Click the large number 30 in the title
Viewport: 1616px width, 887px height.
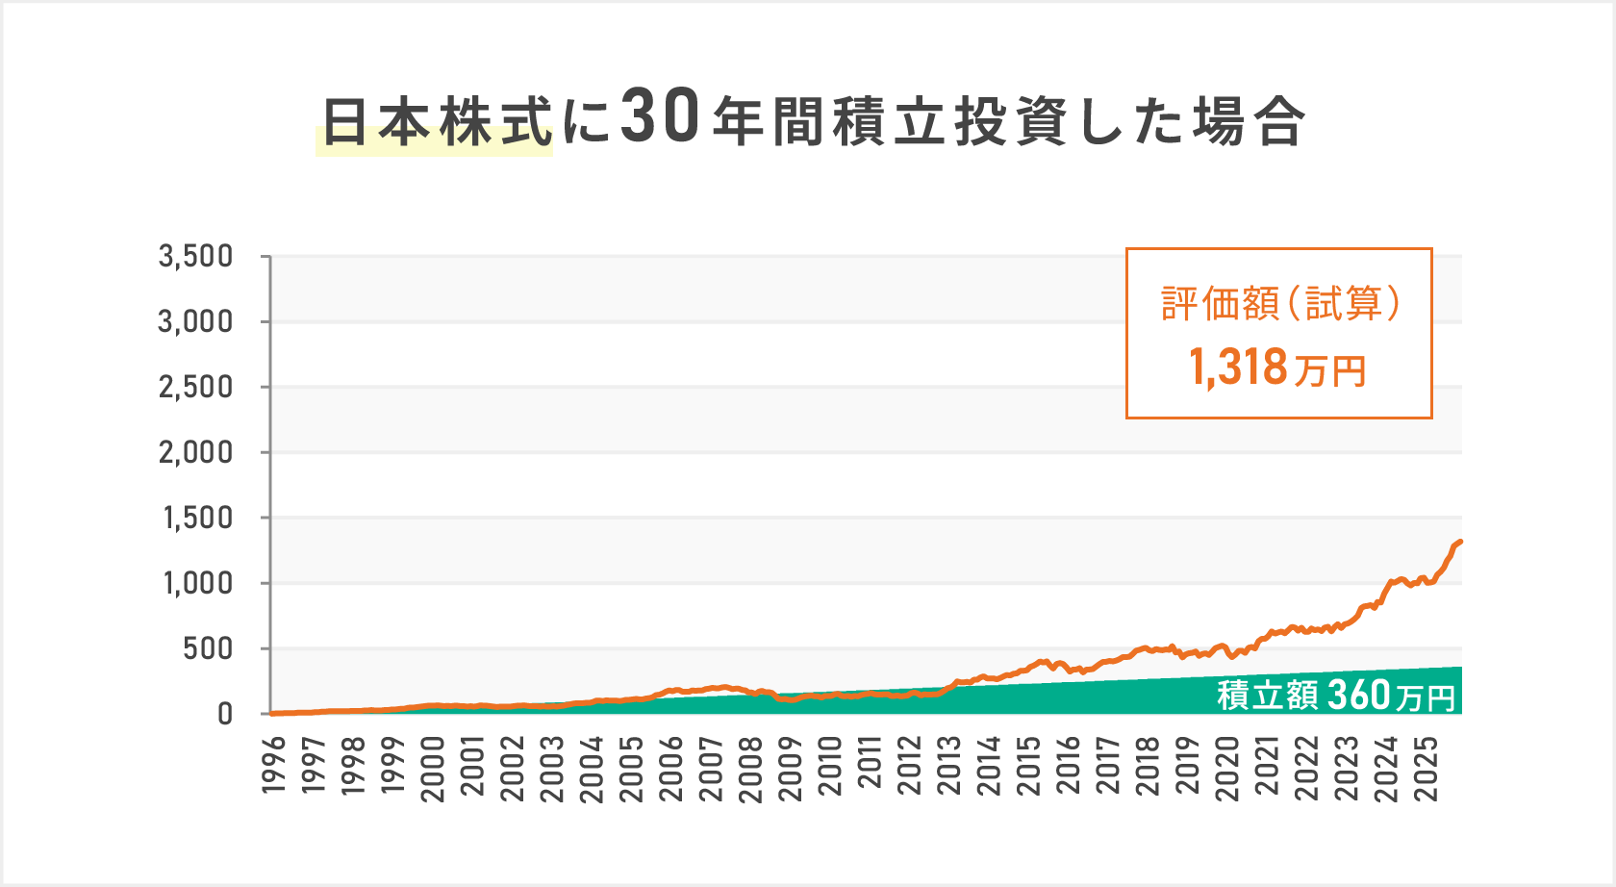[x=659, y=118]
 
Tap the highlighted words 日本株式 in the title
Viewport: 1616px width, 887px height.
[x=436, y=123]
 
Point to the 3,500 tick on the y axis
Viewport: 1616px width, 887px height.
[x=196, y=256]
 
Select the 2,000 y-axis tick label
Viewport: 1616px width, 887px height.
[x=196, y=452]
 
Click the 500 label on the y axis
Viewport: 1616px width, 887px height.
[x=209, y=648]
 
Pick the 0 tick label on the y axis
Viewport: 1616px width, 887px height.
[x=225, y=714]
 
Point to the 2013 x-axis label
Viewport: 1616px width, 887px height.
[x=949, y=766]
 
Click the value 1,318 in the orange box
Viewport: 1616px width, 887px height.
[x=1239, y=367]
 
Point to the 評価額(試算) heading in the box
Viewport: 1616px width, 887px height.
[x=1279, y=304]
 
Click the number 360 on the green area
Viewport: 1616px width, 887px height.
[x=1359, y=694]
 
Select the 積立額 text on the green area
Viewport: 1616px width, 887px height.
[x=1268, y=695]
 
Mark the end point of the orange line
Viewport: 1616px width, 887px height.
[x=1460, y=542]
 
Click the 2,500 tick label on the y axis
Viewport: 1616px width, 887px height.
[x=196, y=387]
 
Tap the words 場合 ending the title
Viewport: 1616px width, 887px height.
[x=1249, y=123]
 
